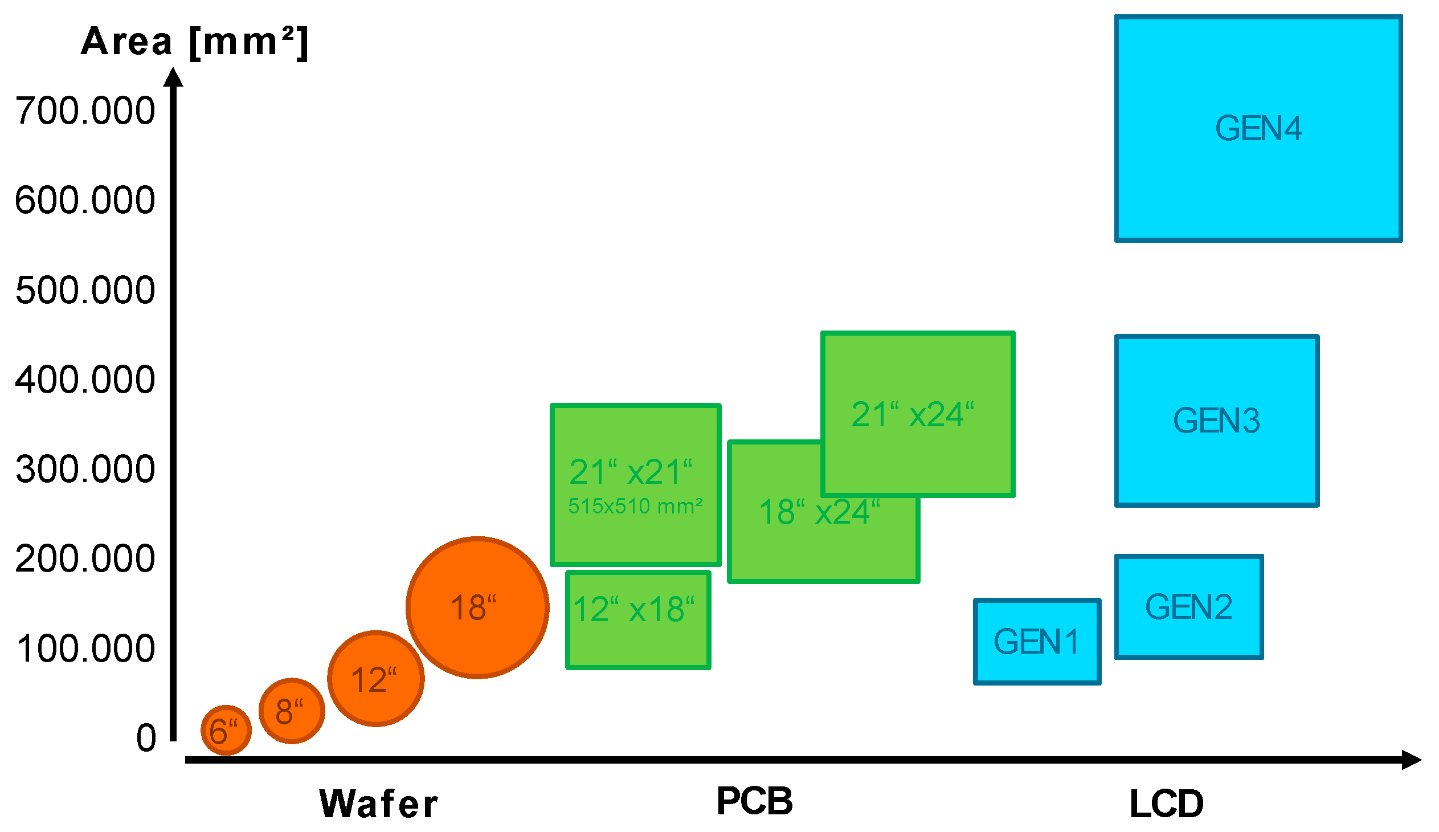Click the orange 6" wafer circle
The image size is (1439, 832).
point(226,730)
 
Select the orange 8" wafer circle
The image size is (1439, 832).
point(292,711)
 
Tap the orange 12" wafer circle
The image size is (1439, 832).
point(376,678)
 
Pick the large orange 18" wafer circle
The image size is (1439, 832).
point(477,607)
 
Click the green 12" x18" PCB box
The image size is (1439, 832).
point(638,619)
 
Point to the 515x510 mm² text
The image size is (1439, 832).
point(635,506)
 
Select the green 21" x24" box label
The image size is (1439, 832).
point(913,414)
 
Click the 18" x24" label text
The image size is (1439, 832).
point(819,512)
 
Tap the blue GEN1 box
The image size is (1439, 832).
point(1037,641)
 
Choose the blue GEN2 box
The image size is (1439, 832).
point(1189,606)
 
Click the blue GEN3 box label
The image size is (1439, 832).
point(1216,421)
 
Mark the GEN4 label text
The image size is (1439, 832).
point(1258,128)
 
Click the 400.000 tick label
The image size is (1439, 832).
point(85,379)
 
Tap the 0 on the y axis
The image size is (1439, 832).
point(146,738)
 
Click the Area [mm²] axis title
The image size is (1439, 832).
point(194,42)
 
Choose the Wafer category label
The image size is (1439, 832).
point(378,804)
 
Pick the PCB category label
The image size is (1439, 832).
point(754,801)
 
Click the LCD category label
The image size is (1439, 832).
point(1167,804)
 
